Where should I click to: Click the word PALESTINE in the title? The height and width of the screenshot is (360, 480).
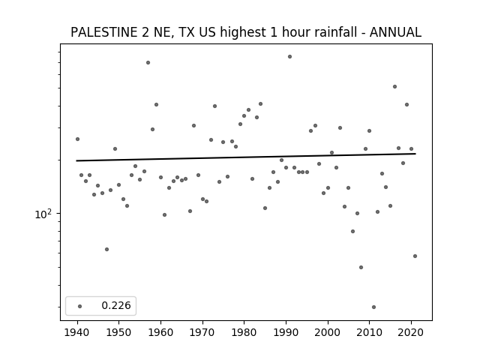pos(104,32)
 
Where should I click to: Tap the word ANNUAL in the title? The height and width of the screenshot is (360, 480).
pos(395,32)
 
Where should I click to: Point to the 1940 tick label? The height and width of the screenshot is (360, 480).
pos(77,332)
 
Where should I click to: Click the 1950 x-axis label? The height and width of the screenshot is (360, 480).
pos(119,332)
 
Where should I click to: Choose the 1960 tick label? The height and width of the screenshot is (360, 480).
pos(160,332)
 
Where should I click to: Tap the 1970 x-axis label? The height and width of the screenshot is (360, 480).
pos(202,332)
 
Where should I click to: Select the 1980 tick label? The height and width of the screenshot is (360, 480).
pos(244,332)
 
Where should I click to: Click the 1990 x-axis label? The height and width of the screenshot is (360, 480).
pos(286,332)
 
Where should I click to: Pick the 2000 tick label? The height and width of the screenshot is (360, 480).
pos(328,332)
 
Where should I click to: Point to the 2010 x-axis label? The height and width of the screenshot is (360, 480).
pos(369,332)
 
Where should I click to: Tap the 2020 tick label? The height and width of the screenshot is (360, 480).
pos(411,332)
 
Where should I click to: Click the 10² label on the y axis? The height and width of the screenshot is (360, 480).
pos(43,214)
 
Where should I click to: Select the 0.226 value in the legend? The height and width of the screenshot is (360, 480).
pos(116,305)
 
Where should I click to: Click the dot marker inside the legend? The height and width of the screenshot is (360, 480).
pos(80,306)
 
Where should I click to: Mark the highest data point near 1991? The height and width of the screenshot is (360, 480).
pos(290,57)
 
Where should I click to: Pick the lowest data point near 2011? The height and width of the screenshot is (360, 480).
pos(373,307)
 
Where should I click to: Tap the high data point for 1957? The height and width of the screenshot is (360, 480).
pos(148,63)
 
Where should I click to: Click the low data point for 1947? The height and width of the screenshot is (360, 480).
pos(106,250)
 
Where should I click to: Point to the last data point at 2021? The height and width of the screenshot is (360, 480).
pos(415,256)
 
